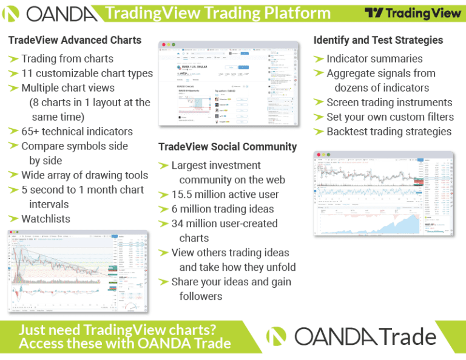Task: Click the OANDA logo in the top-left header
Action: (x=51, y=13)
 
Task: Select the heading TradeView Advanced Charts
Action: (x=75, y=40)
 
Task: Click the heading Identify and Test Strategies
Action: (x=378, y=40)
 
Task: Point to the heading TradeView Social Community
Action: (x=228, y=147)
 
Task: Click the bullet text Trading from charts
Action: (x=67, y=59)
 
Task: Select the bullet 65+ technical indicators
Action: (x=76, y=131)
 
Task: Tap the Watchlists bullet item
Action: (x=46, y=219)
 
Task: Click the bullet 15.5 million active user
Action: (x=225, y=194)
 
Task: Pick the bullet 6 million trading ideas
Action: (x=222, y=209)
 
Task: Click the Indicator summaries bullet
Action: (x=374, y=59)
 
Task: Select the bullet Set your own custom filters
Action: (x=390, y=117)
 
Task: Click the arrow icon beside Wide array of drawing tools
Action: (x=13, y=175)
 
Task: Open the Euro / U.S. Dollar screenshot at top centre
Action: (x=229, y=84)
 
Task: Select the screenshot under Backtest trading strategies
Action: (x=383, y=193)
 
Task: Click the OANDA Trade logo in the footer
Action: (x=352, y=336)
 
